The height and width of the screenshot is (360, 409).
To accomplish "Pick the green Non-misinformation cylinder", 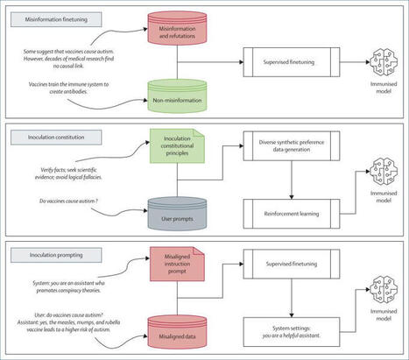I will click(x=183, y=95).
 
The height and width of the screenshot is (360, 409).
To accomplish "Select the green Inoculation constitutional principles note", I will click(x=182, y=146).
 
